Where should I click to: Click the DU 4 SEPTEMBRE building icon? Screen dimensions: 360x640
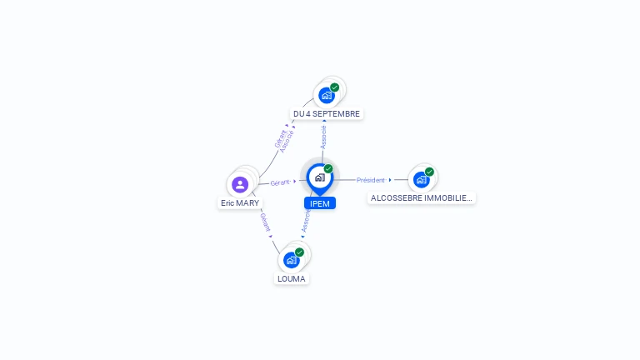click(327, 95)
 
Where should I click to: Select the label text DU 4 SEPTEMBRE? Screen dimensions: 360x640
click(327, 113)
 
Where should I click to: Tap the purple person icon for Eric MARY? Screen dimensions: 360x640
click(240, 184)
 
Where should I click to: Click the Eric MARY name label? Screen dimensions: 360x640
click(240, 202)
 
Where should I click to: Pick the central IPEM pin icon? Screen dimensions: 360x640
click(319, 177)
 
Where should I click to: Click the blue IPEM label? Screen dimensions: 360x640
click(320, 203)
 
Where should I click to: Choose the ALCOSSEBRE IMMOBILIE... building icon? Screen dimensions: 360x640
click(422, 179)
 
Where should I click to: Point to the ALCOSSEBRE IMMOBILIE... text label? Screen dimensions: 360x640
click(422, 198)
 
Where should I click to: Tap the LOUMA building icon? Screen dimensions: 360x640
click(292, 260)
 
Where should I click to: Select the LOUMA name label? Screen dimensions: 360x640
click(292, 278)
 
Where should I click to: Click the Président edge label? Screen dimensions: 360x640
click(371, 180)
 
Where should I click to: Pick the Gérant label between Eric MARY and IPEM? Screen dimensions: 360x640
click(280, 182)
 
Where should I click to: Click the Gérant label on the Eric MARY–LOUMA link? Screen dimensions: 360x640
click(265, 222)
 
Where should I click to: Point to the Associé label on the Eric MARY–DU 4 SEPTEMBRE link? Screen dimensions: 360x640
click(287, 139)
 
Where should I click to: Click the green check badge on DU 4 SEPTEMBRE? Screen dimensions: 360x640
click(335, 87)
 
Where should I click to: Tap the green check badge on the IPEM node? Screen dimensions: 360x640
click(328, 169)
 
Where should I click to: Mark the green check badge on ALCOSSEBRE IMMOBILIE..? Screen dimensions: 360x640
click(429, 172)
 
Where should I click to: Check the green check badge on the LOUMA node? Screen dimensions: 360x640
click(299, 252)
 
